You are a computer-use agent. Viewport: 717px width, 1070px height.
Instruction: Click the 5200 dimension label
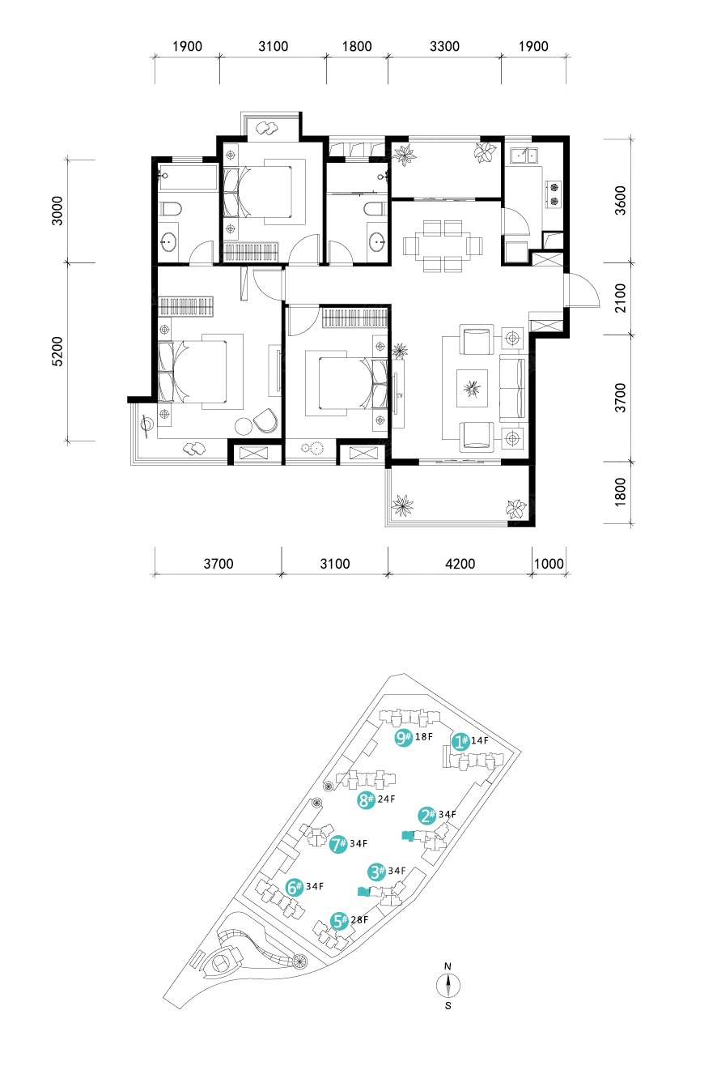tap(57, 351)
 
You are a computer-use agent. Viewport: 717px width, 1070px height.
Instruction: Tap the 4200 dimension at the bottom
tap(460, 564)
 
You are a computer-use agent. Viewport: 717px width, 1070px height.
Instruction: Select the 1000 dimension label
tap(549, 564)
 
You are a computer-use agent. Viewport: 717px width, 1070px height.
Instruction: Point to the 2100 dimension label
tap(620, 297)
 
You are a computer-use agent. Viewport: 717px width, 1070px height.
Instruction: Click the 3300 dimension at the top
tap(444, 46)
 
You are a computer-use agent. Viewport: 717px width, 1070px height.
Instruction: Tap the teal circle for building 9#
tap(403, 738)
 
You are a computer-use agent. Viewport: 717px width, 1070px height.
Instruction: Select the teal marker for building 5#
tap(340, 921)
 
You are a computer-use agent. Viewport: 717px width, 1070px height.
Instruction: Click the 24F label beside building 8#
tap(386, 799)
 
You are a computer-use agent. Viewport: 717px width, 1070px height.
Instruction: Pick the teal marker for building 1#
tap(460, 742)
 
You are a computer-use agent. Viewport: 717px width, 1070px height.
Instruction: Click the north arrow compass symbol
tap(448, 985)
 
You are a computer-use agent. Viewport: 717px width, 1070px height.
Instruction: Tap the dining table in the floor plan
tap(443, 246)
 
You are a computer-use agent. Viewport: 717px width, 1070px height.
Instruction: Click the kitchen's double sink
tap(524, 156)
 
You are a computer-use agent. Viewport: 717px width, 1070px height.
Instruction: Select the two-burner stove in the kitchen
tap(554, 194)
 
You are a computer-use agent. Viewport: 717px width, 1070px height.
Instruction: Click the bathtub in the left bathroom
tap(188, 177)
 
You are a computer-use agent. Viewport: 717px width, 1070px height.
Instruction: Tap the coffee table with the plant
tap(472, 388)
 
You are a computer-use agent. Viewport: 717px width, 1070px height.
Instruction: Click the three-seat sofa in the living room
tap(512, 388)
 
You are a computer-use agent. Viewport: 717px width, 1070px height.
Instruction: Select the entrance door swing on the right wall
tap(583, 290)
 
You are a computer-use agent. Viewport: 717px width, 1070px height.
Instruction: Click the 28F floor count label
tap(359, 919)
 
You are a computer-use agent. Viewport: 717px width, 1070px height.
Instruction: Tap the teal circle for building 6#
tap(295, 887)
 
